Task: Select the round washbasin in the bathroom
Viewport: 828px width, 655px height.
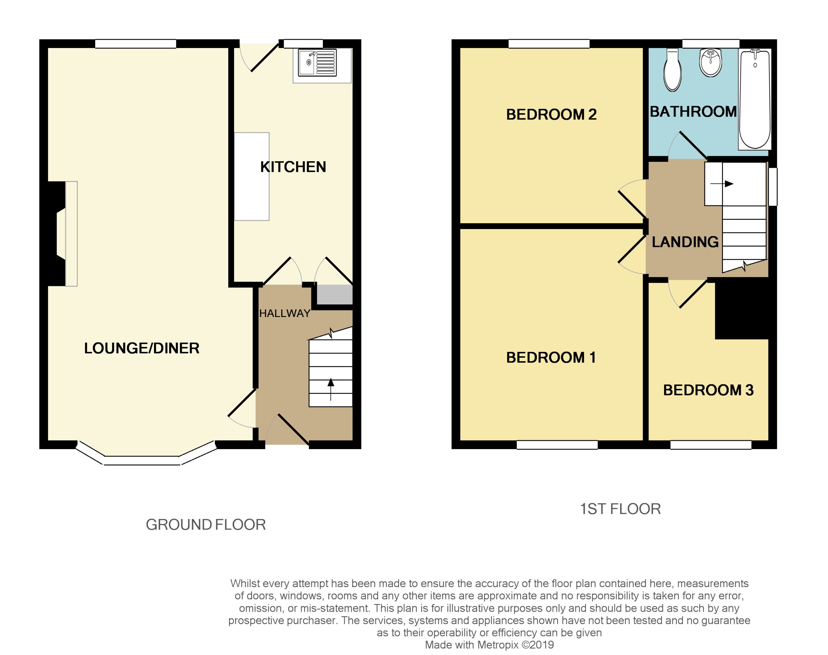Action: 711,62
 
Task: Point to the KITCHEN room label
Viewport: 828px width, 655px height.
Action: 293,167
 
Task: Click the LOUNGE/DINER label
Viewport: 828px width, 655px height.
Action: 142,348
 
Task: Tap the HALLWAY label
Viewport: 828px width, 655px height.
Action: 285,313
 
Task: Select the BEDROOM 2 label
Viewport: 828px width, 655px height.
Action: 551,114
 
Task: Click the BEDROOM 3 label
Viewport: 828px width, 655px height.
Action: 708,390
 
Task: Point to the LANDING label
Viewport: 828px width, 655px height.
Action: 685,242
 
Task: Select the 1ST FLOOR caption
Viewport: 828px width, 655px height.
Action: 620,509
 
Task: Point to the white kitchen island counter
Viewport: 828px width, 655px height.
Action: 252,176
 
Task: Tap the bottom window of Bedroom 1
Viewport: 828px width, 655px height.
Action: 557,444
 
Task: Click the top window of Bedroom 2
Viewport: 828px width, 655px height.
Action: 549,44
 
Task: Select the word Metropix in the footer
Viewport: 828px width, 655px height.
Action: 498,645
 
